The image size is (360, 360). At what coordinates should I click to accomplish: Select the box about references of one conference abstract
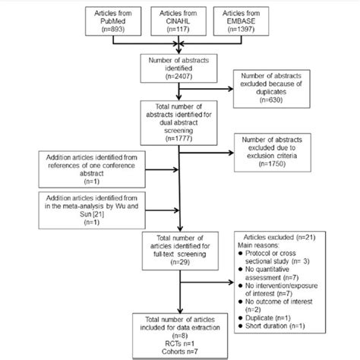[82, 168]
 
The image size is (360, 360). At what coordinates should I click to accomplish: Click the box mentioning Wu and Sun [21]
[82, 207]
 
